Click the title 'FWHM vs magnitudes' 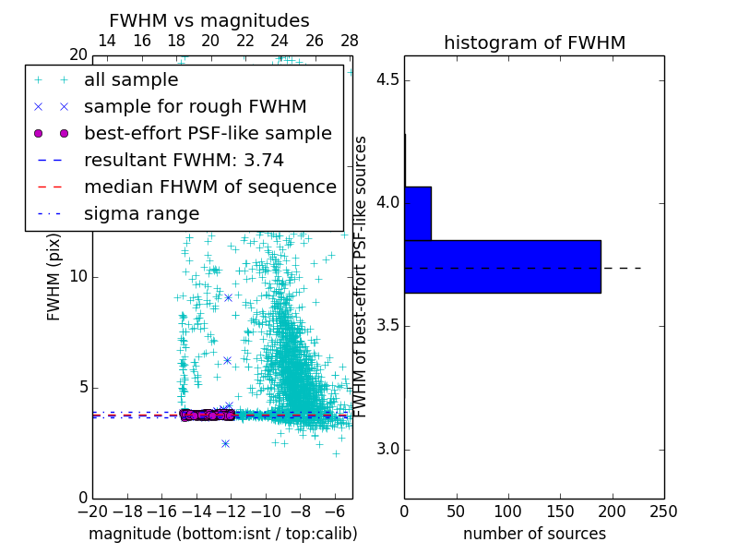(209, 20)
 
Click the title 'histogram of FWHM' (534, 42)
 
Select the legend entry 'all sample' (131, 80)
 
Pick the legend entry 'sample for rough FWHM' (174, 107)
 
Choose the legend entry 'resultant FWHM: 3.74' (184, 161)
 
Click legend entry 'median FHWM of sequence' (209, 187)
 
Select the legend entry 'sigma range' (141, 214)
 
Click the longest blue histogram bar (502, 267)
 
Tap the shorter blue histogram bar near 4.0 (418, 213)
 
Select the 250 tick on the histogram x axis (663, 512)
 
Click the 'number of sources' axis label (534, 534)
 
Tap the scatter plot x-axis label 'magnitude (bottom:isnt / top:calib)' (222, 534)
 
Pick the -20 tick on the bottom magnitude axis (92, 512)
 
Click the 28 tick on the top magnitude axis (350, 41)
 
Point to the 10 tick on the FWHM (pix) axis (79, 277)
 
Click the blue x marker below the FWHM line (225, 443)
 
